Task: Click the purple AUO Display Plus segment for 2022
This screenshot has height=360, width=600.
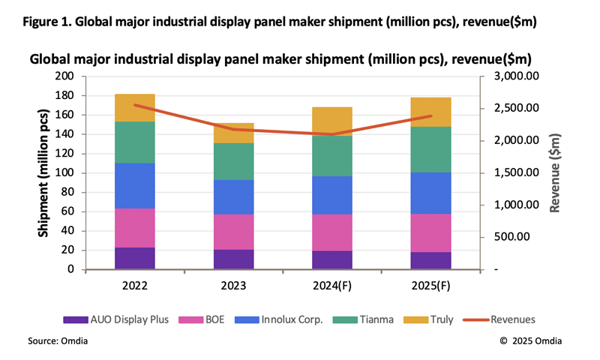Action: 136,258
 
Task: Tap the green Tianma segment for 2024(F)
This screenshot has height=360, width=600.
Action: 332,156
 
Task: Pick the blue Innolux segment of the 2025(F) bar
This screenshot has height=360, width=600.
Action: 430,193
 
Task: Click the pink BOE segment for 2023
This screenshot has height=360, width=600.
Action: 233,232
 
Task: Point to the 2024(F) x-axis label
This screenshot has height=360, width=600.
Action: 332,285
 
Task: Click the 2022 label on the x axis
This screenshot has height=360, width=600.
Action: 136,285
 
